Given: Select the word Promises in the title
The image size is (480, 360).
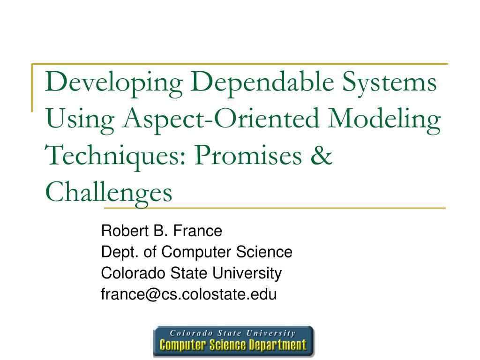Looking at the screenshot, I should (x=250, y=156).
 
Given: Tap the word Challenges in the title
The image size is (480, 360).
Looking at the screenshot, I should (x=109, y=193).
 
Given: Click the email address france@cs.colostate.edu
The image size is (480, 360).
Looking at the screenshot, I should (x=189, y=294).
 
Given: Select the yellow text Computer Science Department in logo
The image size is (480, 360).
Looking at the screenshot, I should (x=233, y=345).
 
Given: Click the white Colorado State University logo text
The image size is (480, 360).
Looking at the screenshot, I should (x=233, y=333).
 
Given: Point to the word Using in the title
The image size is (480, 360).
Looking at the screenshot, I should (x=73, y=120).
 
